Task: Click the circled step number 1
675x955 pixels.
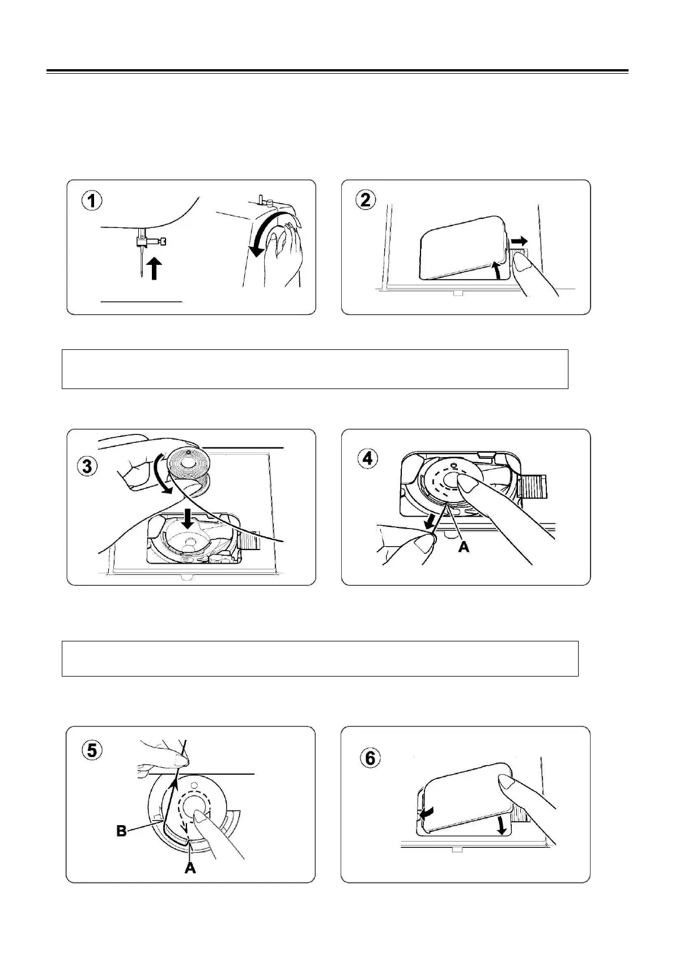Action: (91, 201)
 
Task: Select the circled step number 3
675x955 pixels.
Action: (86, 467)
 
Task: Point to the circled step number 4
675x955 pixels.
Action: (367, 458)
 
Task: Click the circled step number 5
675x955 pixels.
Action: (91, 750)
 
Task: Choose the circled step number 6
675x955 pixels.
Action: (370, 758)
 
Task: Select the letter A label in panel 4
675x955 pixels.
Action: (464, 548)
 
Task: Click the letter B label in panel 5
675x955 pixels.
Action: (122, 831)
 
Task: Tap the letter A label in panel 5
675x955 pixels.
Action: (190, 868)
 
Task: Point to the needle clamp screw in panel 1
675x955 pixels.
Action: (163, 242)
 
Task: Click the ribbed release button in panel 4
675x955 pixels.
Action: (533, 487)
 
